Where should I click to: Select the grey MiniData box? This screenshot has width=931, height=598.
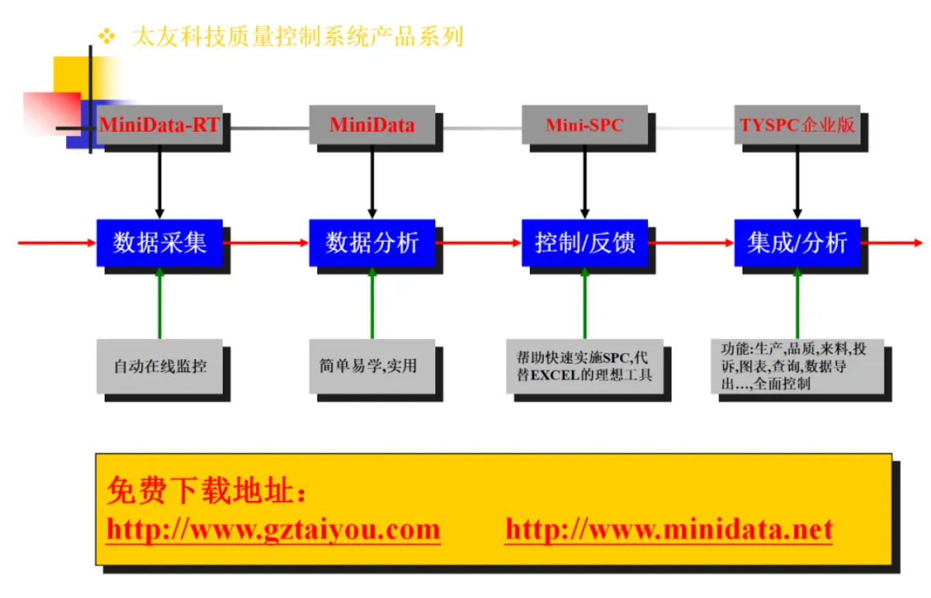click(x=372, y=125)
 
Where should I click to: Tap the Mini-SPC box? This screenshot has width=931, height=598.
click(x=584, y=125)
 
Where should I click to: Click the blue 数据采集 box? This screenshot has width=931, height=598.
click(x=160, y=243)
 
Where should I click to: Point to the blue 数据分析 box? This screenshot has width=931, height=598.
click(x=372, y=243)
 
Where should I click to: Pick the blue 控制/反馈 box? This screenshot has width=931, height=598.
click(x=584, y=243)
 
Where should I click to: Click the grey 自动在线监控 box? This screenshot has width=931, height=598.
click(x=160, y=365)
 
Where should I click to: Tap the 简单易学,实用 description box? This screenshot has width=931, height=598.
click(x=372, y=365)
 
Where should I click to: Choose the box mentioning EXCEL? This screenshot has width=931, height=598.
click(x=584, y=365)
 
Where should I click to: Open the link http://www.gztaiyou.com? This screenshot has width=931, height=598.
click(x=273, y=530)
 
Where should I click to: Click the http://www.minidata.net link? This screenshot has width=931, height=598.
click(x=668, y=530)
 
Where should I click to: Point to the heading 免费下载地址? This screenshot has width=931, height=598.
click(x=206, y=491)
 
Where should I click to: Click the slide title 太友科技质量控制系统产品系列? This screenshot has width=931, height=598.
click(x=298, y=36)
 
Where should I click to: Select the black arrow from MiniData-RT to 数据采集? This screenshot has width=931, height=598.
click(x=160, y=182)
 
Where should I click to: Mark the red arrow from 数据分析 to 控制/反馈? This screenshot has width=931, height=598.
click(x=478, y=243)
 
